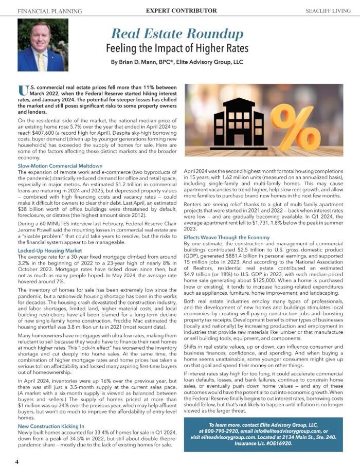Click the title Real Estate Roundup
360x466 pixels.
(x=177, y=34)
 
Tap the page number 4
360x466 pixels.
(x=17, y=461)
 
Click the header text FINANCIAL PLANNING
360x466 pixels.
(x=49, y=11)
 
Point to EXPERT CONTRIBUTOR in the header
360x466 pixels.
(x=181, y=10)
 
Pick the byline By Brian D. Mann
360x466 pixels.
(x=177, y=62)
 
